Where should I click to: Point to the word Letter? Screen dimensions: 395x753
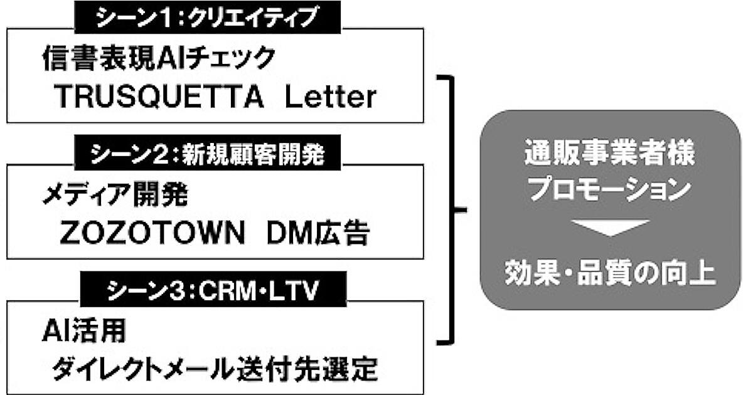(330, 97)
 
